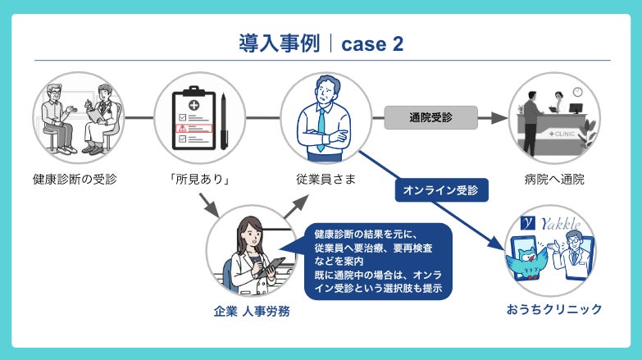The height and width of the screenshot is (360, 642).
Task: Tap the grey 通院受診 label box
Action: point(430,117)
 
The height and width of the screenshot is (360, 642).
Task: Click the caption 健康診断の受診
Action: point(75,178)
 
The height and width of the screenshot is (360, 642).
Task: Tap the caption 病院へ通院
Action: point(553,178)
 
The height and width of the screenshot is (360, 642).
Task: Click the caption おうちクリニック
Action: point(553,309)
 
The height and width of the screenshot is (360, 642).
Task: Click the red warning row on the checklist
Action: point(194,130)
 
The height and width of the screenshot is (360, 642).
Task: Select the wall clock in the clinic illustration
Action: point(576,92)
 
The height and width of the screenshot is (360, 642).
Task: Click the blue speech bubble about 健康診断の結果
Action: point(376,262)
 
